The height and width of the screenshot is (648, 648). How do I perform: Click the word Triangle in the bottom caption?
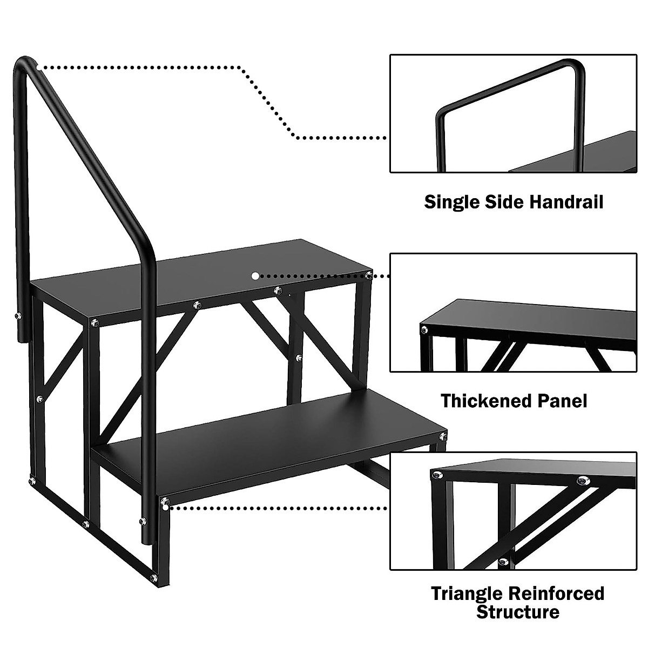point(467,593)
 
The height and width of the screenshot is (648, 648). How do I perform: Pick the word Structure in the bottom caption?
point(517,612)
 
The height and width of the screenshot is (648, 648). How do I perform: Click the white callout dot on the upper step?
point(254,275)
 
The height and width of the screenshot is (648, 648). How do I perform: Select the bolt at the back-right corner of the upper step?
point(368,276)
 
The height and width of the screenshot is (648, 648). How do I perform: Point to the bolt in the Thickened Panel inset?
point(424,329)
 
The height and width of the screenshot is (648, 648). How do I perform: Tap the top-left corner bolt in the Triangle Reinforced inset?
point(434,476)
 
